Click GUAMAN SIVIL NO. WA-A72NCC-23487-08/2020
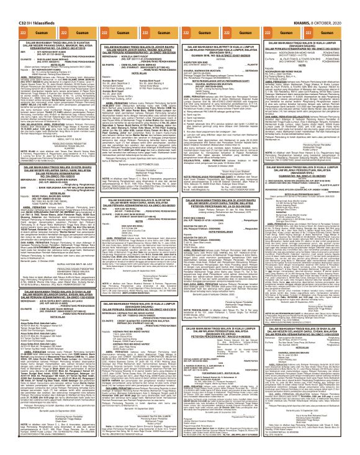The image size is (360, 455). (223, 54)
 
